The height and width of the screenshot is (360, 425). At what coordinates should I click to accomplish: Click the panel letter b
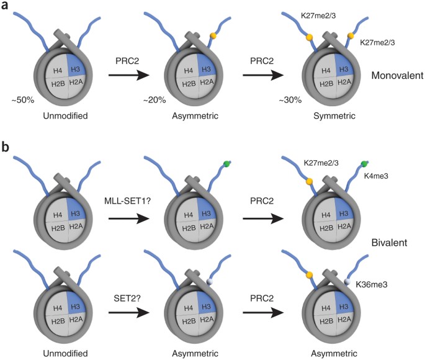click(x=6, y=148)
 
